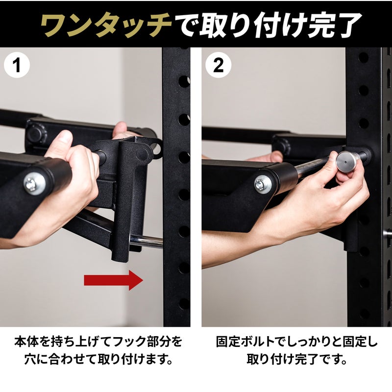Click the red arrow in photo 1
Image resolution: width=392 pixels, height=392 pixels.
(x=114, y=280)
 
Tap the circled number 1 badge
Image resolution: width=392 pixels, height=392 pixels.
(x=17, y=65)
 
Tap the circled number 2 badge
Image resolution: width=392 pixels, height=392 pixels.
(x=218, y=65)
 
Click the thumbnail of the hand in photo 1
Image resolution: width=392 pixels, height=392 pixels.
(x=65, y=137)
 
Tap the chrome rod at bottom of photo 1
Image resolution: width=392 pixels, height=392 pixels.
(x=146, y=242)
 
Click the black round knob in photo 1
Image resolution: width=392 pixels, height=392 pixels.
(x=37, y=134)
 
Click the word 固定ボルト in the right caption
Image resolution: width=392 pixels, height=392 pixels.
(x=245, y=342)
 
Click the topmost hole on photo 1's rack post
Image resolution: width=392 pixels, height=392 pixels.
(x=184, y=81)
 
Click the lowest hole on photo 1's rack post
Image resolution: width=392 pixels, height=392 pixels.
(x=184, y=304)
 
